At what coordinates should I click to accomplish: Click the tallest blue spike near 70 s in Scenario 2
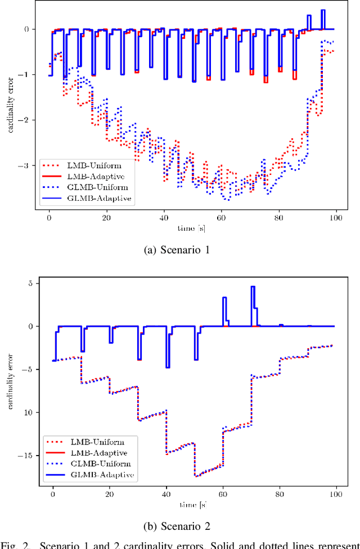(x=253, y=288)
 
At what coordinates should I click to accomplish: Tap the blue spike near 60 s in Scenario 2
(x=224, y=299)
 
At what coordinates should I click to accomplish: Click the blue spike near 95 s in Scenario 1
(x=323, y=11)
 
